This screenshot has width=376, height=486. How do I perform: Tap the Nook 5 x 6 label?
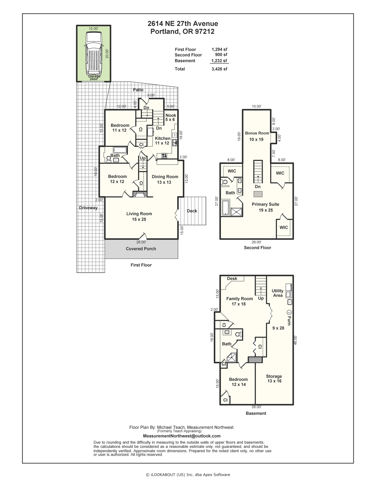click(170, 117)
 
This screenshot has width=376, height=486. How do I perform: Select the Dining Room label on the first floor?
click(165, 177)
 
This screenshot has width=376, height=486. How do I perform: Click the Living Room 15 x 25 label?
click(139, 216)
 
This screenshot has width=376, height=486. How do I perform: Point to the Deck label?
click(192, 211)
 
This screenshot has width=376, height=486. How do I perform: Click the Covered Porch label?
click(141, 249)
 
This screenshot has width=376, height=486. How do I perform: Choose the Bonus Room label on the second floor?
click(257, 133)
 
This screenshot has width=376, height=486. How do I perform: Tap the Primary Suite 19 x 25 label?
click(265, 207)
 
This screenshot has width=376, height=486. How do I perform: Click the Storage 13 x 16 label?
click(274, 379)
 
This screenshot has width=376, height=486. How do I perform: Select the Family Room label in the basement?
click(239, 299)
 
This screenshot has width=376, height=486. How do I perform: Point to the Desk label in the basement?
click(232, 278)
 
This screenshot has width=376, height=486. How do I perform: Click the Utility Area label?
click(277, 293)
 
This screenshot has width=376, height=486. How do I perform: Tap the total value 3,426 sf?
click(219, 69)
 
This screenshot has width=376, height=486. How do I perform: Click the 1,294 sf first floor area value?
click(219, 49)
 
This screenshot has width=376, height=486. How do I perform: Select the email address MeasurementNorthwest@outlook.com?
click(182, 436)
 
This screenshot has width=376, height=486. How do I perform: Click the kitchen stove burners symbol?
click(164, 155)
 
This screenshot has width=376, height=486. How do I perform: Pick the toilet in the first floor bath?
click(109, 159)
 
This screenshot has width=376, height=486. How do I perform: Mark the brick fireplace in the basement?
click(255, 360)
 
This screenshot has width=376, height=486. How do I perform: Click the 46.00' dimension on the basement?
click(296, 340)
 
